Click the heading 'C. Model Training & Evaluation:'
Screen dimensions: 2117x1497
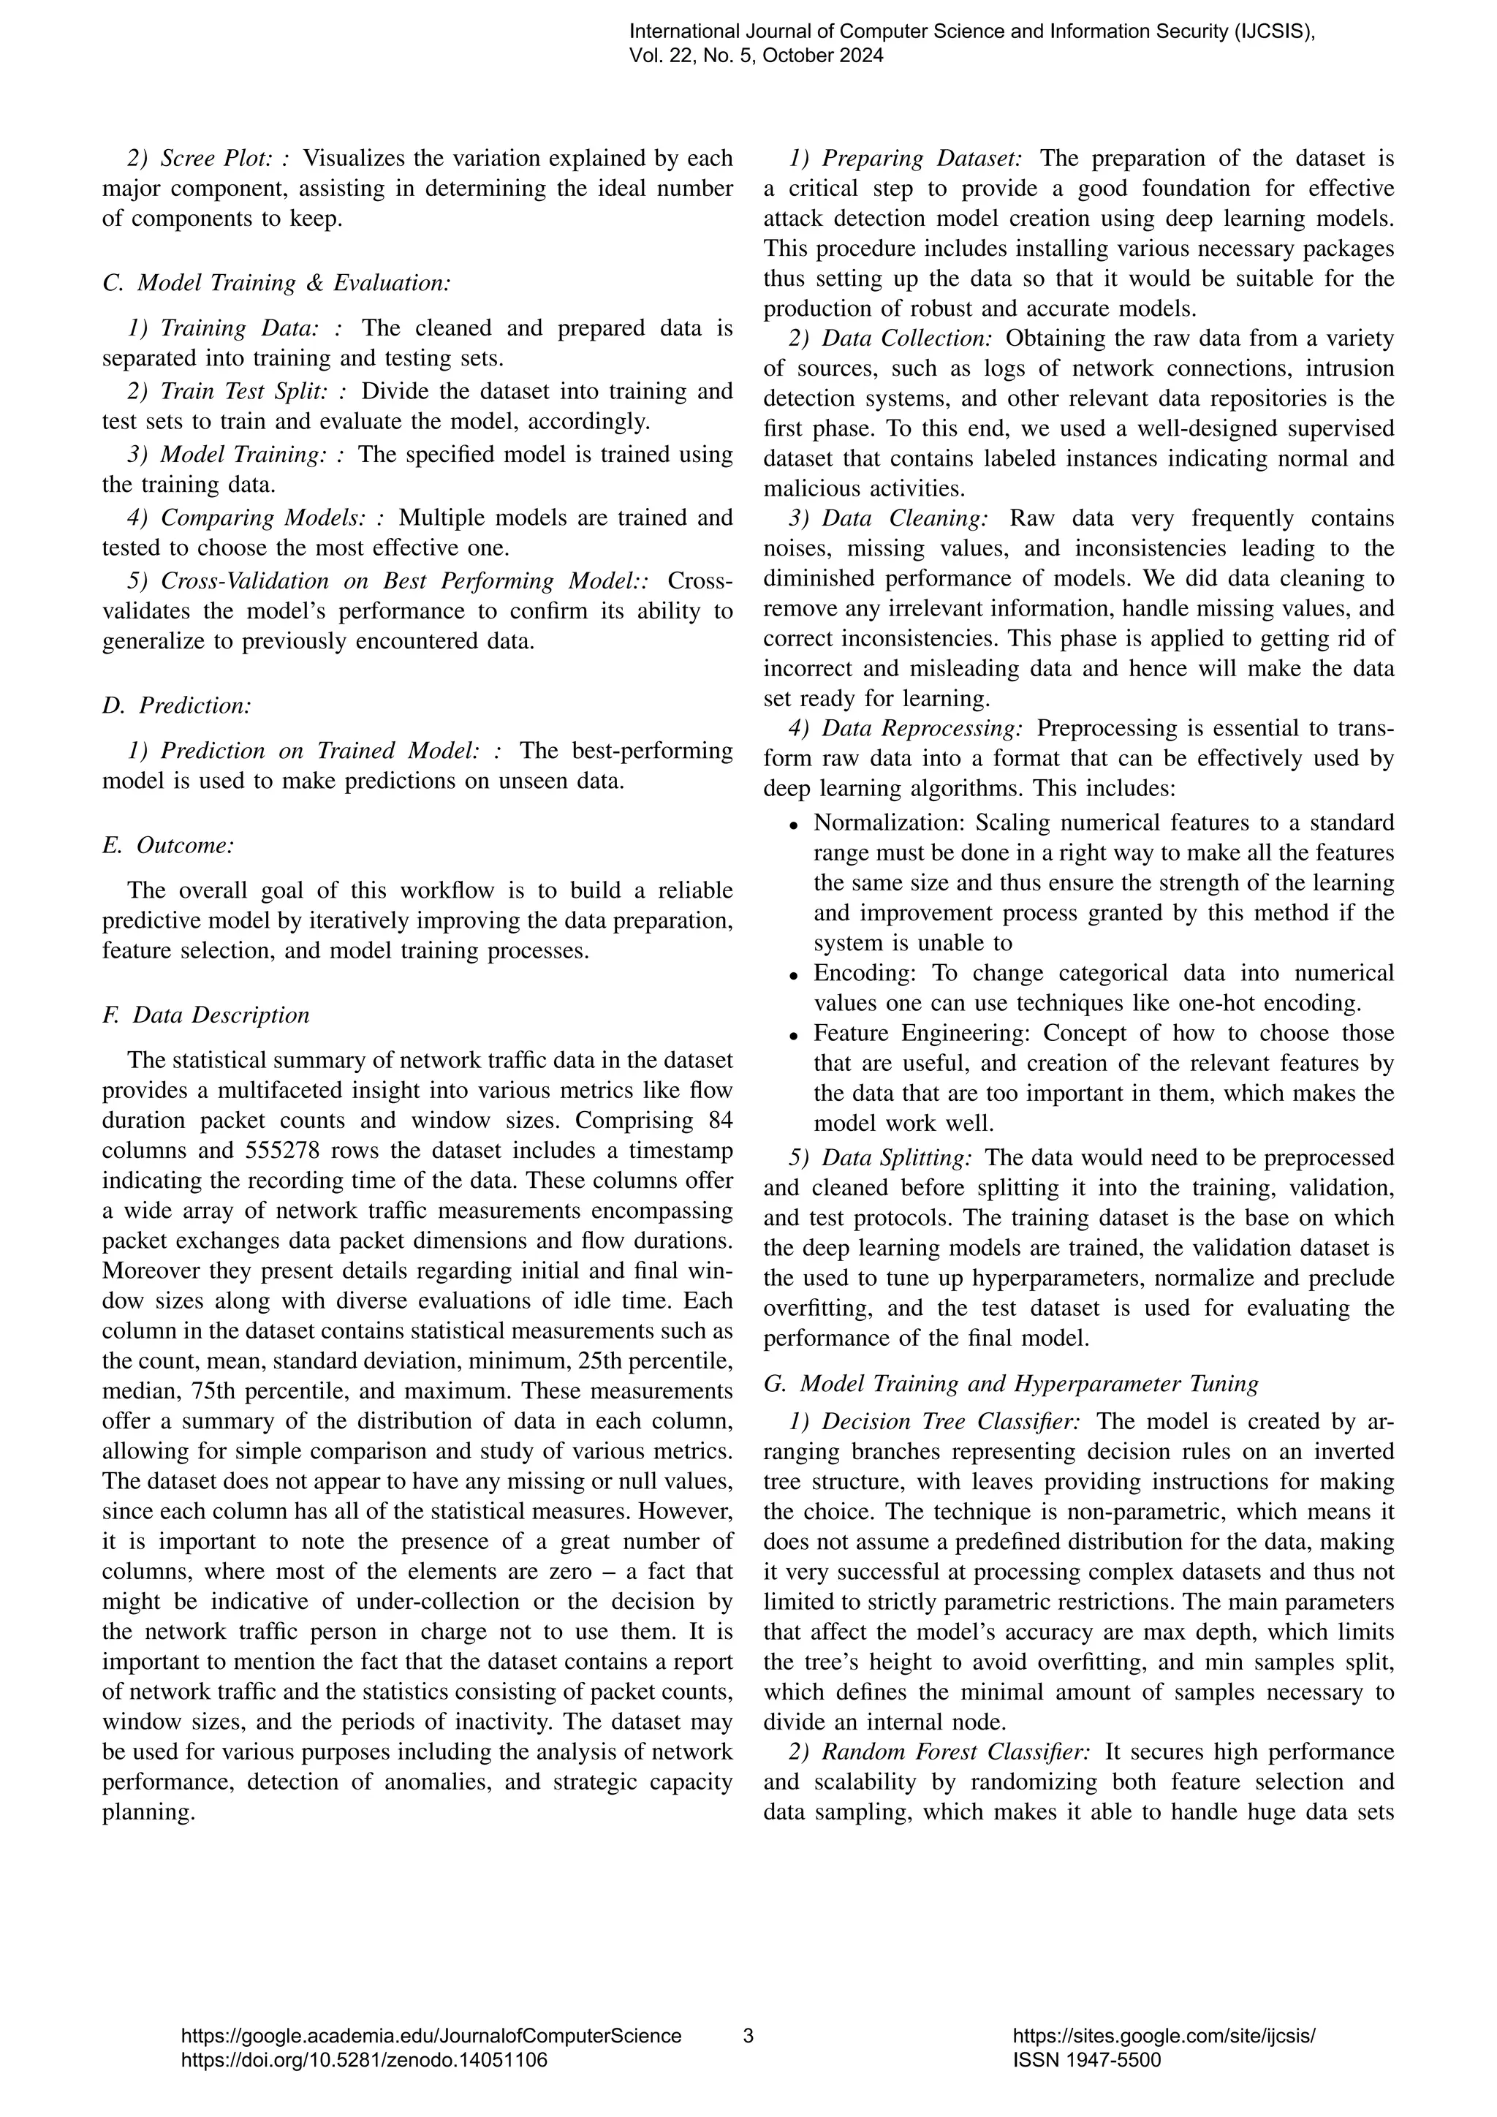(x=276, y=283)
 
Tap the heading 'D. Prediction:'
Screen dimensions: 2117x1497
(x=177, y=705)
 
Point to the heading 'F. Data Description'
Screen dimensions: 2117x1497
(x=205, y=1015)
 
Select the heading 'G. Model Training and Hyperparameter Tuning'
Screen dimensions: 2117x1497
(x=1011, y=1383)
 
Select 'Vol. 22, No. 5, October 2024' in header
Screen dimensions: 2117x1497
(x=756, y=56)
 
